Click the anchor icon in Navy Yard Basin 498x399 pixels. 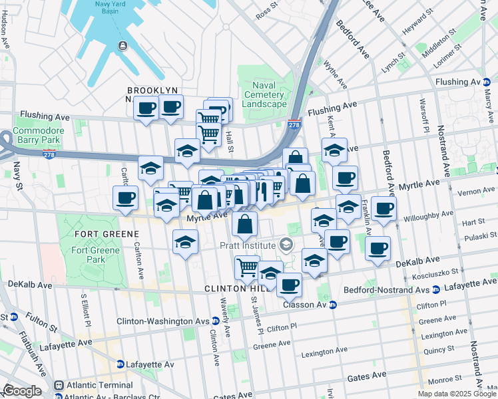pos(123,45)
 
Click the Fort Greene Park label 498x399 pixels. pos(89,255)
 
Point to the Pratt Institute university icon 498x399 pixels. pos(286,245)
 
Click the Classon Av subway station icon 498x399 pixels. pos(334,305)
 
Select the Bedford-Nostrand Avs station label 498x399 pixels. pos(386,290)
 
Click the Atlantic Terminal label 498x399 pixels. pos(93,384)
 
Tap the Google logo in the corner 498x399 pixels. pos(22,391)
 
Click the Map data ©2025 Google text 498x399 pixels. pos(457,394)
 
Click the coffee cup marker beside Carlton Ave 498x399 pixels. pos(126,198)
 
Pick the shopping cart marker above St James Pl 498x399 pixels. pos(247,267)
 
